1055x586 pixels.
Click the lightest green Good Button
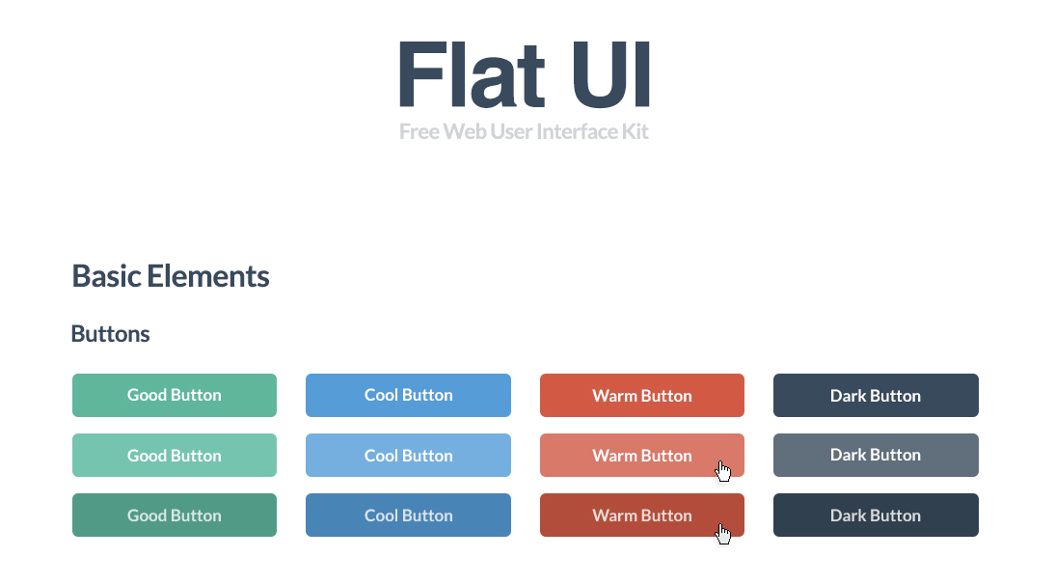coord(175,455)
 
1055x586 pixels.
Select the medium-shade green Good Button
coord(175,395)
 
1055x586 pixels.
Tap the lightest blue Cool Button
coord(408,455)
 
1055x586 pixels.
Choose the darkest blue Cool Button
coord(408,515)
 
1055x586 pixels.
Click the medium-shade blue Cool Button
coord(408,395)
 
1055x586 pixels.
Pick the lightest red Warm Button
coord(641,455)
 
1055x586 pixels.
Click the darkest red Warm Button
coord(641,515)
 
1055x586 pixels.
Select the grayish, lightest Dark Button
coord(876,455)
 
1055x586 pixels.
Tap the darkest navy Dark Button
coord(876,515)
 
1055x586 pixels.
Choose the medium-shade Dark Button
coord(876,395)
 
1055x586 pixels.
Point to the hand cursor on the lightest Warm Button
coord(723,471)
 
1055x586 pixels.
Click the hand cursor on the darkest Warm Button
coord(723,534)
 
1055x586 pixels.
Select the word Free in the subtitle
coord(419,131)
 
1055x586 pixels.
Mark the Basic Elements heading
coord(171,276)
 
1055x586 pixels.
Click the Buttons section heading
coord(110,334)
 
